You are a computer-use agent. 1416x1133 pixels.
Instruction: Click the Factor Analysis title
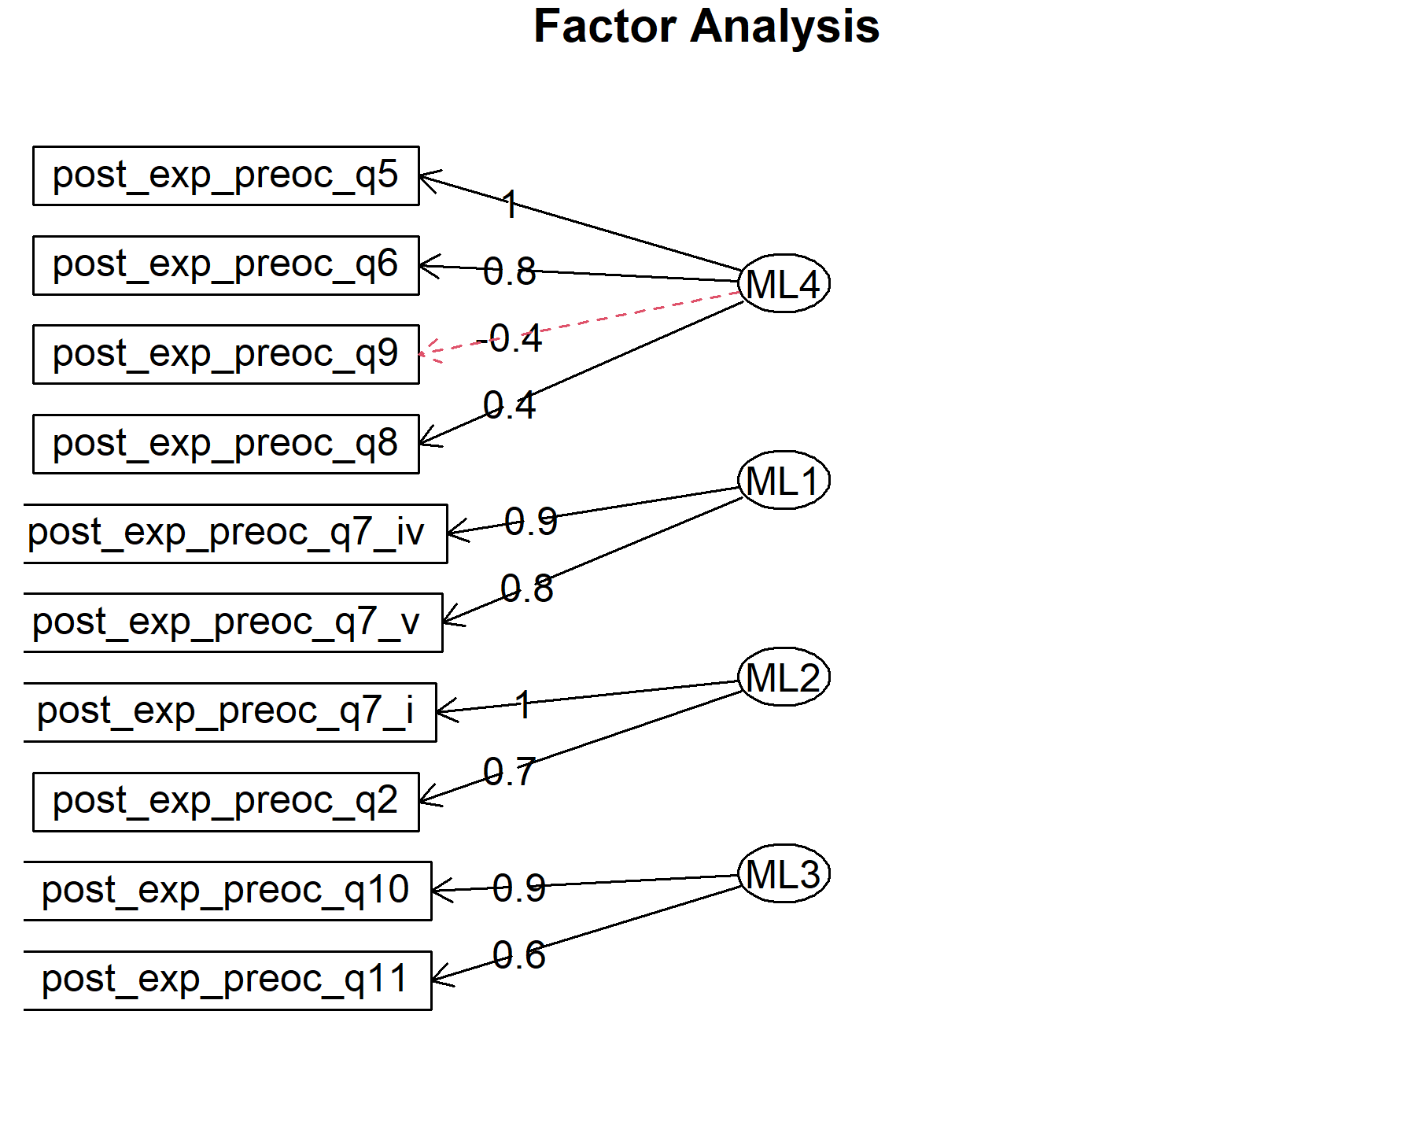tap(706, 27)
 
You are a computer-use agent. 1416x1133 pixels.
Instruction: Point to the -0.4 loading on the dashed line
tap(509, 339)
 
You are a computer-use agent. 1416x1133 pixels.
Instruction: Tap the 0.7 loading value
tap(509, 772)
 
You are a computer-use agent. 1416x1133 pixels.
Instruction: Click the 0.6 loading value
tap(519, 955)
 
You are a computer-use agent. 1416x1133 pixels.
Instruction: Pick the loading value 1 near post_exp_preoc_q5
tap(511, 205)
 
